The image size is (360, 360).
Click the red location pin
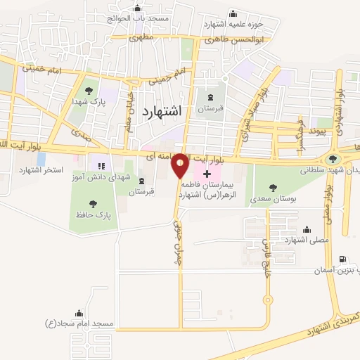pyautogui.click(x=180, y=165)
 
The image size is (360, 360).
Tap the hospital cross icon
pyautogui.click(x=206, y=173)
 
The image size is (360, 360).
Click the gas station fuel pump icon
pyautogui.click(x=343, y=259)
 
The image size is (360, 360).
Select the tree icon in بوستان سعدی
pyautogui.click(x=272, y=187)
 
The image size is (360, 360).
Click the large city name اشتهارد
pyautogui.click(x=162, y=111)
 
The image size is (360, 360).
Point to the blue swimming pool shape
pyautogui.click(x=41, y=160)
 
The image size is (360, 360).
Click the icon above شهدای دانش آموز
pyautogui.click(x=109, y=165)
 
